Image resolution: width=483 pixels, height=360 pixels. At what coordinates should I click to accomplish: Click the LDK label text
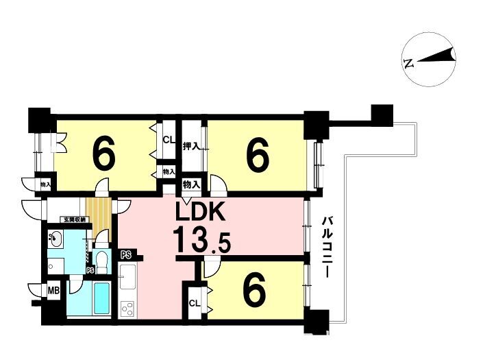(x=200, y=212)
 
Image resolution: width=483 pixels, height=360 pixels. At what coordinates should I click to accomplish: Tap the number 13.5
(x=201, y=239)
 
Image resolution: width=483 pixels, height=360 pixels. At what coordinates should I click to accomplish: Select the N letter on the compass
(x=409, y=64)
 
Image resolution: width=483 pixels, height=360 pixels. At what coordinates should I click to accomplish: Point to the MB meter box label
(x=53, y=291)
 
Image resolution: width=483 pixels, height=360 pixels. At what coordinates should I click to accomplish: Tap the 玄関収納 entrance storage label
(x=75, y=219)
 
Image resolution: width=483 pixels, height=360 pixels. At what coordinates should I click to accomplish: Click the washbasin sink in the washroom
(x=55, y=239)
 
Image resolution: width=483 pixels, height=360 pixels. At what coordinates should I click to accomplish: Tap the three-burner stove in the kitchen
(x=127, y=309)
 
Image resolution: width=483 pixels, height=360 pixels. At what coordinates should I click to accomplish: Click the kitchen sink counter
(x=127, y=276)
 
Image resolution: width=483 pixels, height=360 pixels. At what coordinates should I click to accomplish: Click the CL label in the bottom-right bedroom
(x=195, y=304)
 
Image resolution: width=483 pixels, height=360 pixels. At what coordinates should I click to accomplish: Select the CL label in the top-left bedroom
(x=169, y=141)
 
